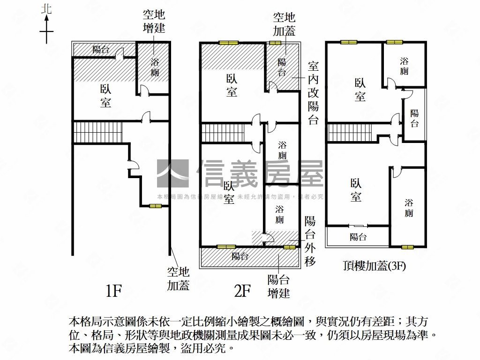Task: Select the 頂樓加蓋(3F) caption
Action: [x=374, y=266]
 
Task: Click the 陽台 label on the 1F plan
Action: [x=102, y=49]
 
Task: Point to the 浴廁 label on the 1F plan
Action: [x=155, y=67]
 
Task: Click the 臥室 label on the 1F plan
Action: [x=106, y=96]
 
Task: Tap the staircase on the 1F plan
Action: [x=97, y=133]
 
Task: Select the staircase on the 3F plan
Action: [x=349, y=133]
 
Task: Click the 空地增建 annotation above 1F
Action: [x=154, y=21]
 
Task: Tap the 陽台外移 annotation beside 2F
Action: [x=310, y=241]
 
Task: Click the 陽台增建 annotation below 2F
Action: [x=278, y=286]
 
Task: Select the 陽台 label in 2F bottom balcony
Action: [x=240, y=256]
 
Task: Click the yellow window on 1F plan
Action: [x=156, y=206]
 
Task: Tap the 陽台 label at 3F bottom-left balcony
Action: [x=358, y=237]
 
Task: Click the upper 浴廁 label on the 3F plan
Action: [x=404, y=66]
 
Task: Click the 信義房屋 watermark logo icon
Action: [x=172, y=174]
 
